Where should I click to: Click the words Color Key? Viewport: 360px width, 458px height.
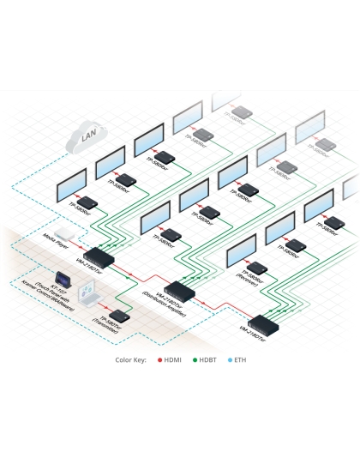click(130, 359)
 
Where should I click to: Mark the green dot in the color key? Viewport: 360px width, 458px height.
click(196, 359)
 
